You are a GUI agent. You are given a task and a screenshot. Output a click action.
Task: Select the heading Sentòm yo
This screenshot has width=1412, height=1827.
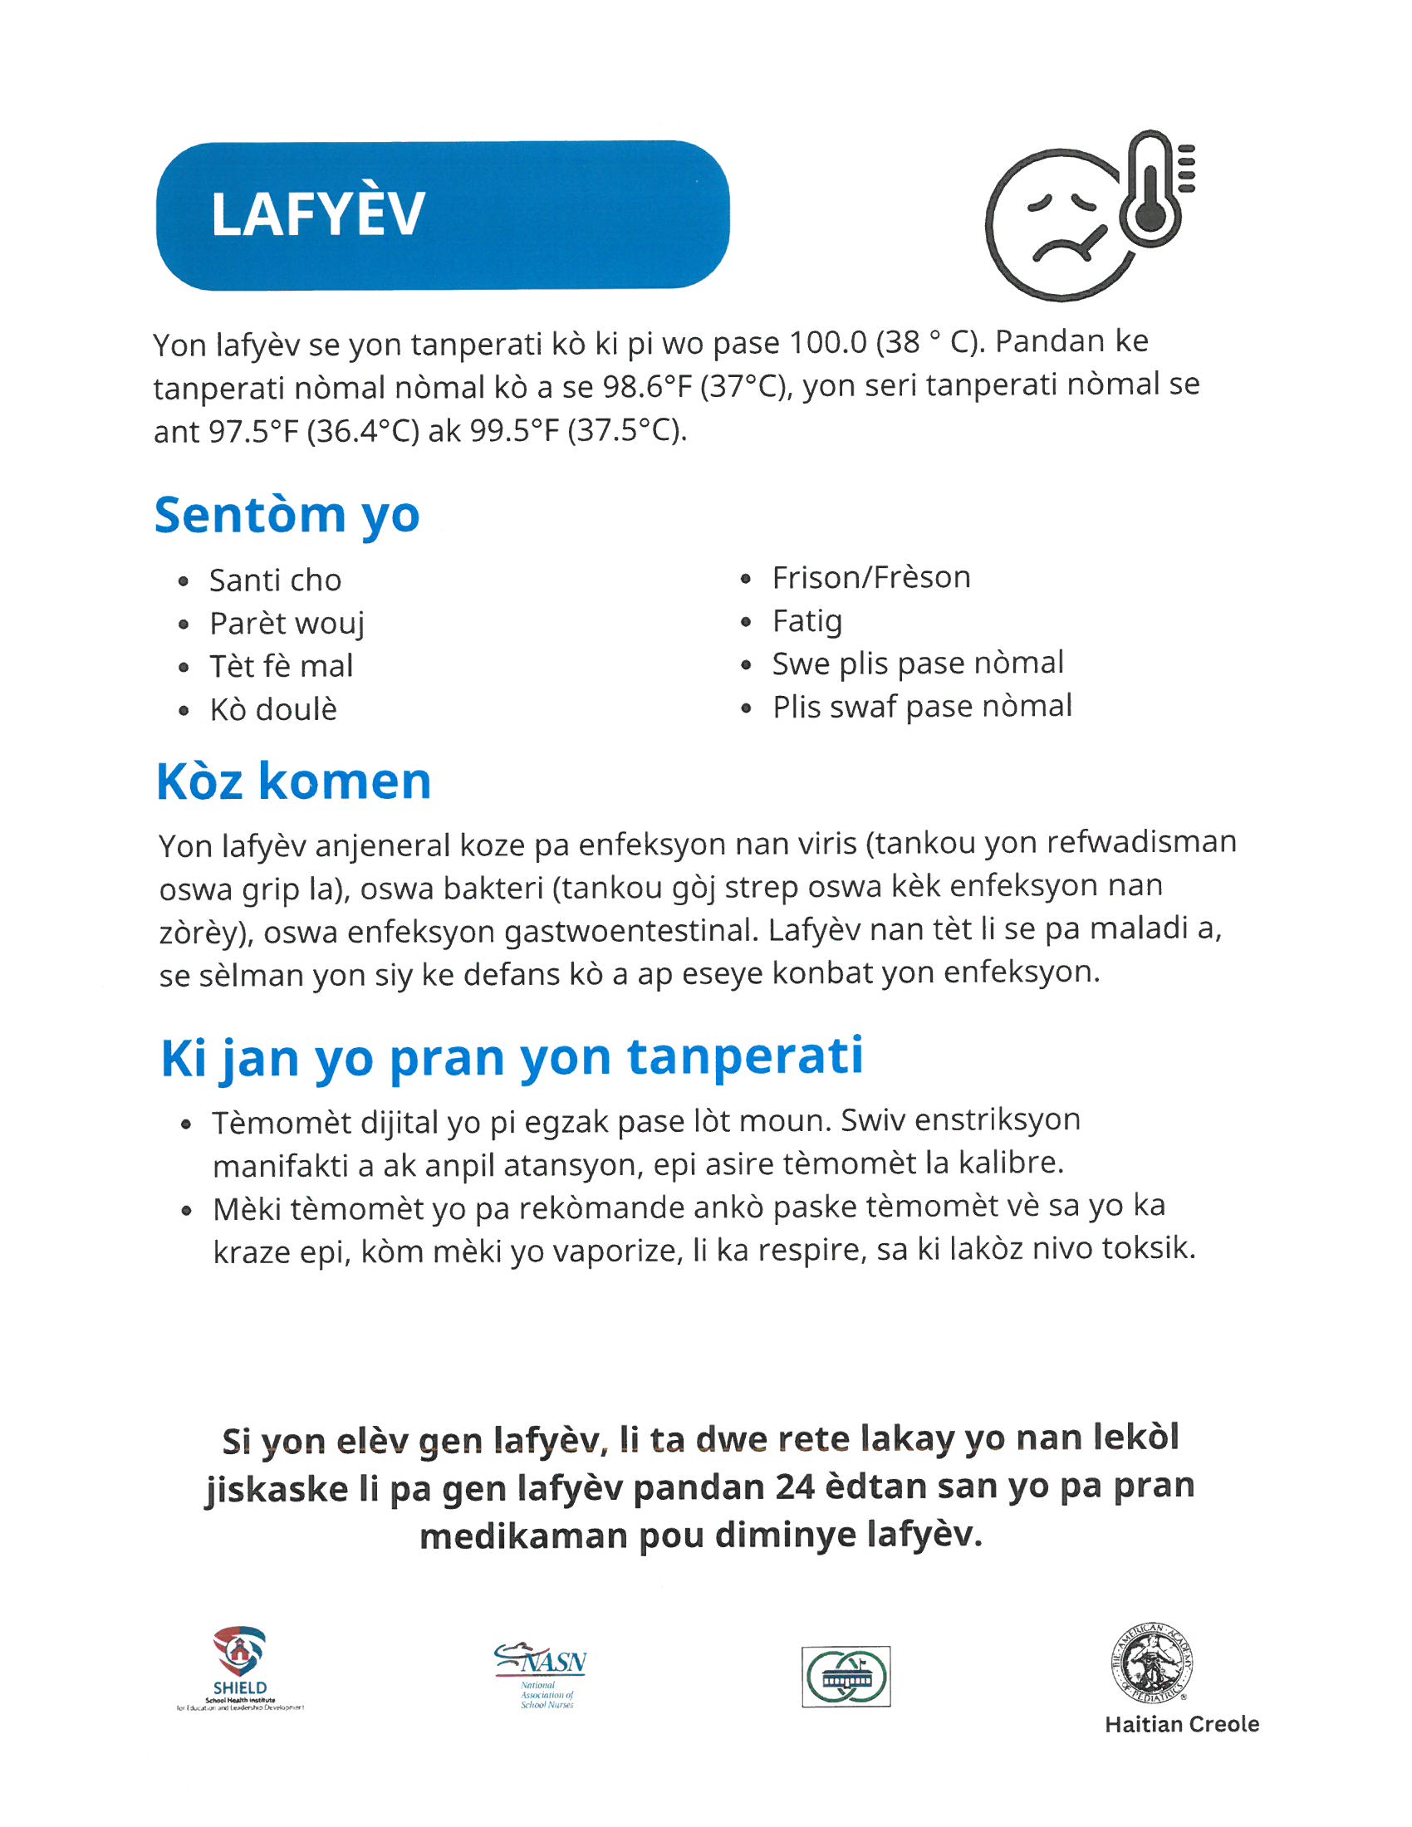coord(287,515)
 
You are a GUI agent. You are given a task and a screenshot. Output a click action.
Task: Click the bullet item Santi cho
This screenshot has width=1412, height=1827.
coord(275,580)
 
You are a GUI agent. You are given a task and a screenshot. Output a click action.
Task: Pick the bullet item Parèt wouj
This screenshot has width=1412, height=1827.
coord(287,623)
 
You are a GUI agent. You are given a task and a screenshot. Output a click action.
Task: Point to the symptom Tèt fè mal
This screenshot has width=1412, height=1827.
coord(281,666)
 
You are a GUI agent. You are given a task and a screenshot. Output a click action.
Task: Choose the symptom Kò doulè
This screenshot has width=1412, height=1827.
coord(272,709)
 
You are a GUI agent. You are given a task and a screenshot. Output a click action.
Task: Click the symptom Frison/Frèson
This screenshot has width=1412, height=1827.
coord(870,577)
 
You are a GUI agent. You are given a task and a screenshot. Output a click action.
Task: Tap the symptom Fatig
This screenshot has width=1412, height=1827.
coord(807,620)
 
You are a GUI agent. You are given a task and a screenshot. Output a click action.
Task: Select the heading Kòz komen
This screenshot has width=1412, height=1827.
coord(293,781)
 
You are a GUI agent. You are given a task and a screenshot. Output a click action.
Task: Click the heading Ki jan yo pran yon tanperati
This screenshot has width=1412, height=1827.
coord(511,1057)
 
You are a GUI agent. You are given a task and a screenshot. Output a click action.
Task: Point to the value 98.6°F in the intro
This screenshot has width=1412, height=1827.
coord(649,385)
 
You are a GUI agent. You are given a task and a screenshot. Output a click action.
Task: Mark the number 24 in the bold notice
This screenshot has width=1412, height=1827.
coord(795,1487)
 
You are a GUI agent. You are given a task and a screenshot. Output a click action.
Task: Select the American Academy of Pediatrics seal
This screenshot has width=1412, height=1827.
coord(1152,1662)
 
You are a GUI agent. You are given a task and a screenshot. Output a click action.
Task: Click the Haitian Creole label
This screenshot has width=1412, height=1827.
coord(1181,1725)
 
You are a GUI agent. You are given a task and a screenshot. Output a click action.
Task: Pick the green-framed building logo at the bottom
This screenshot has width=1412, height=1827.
coord(846,1677)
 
